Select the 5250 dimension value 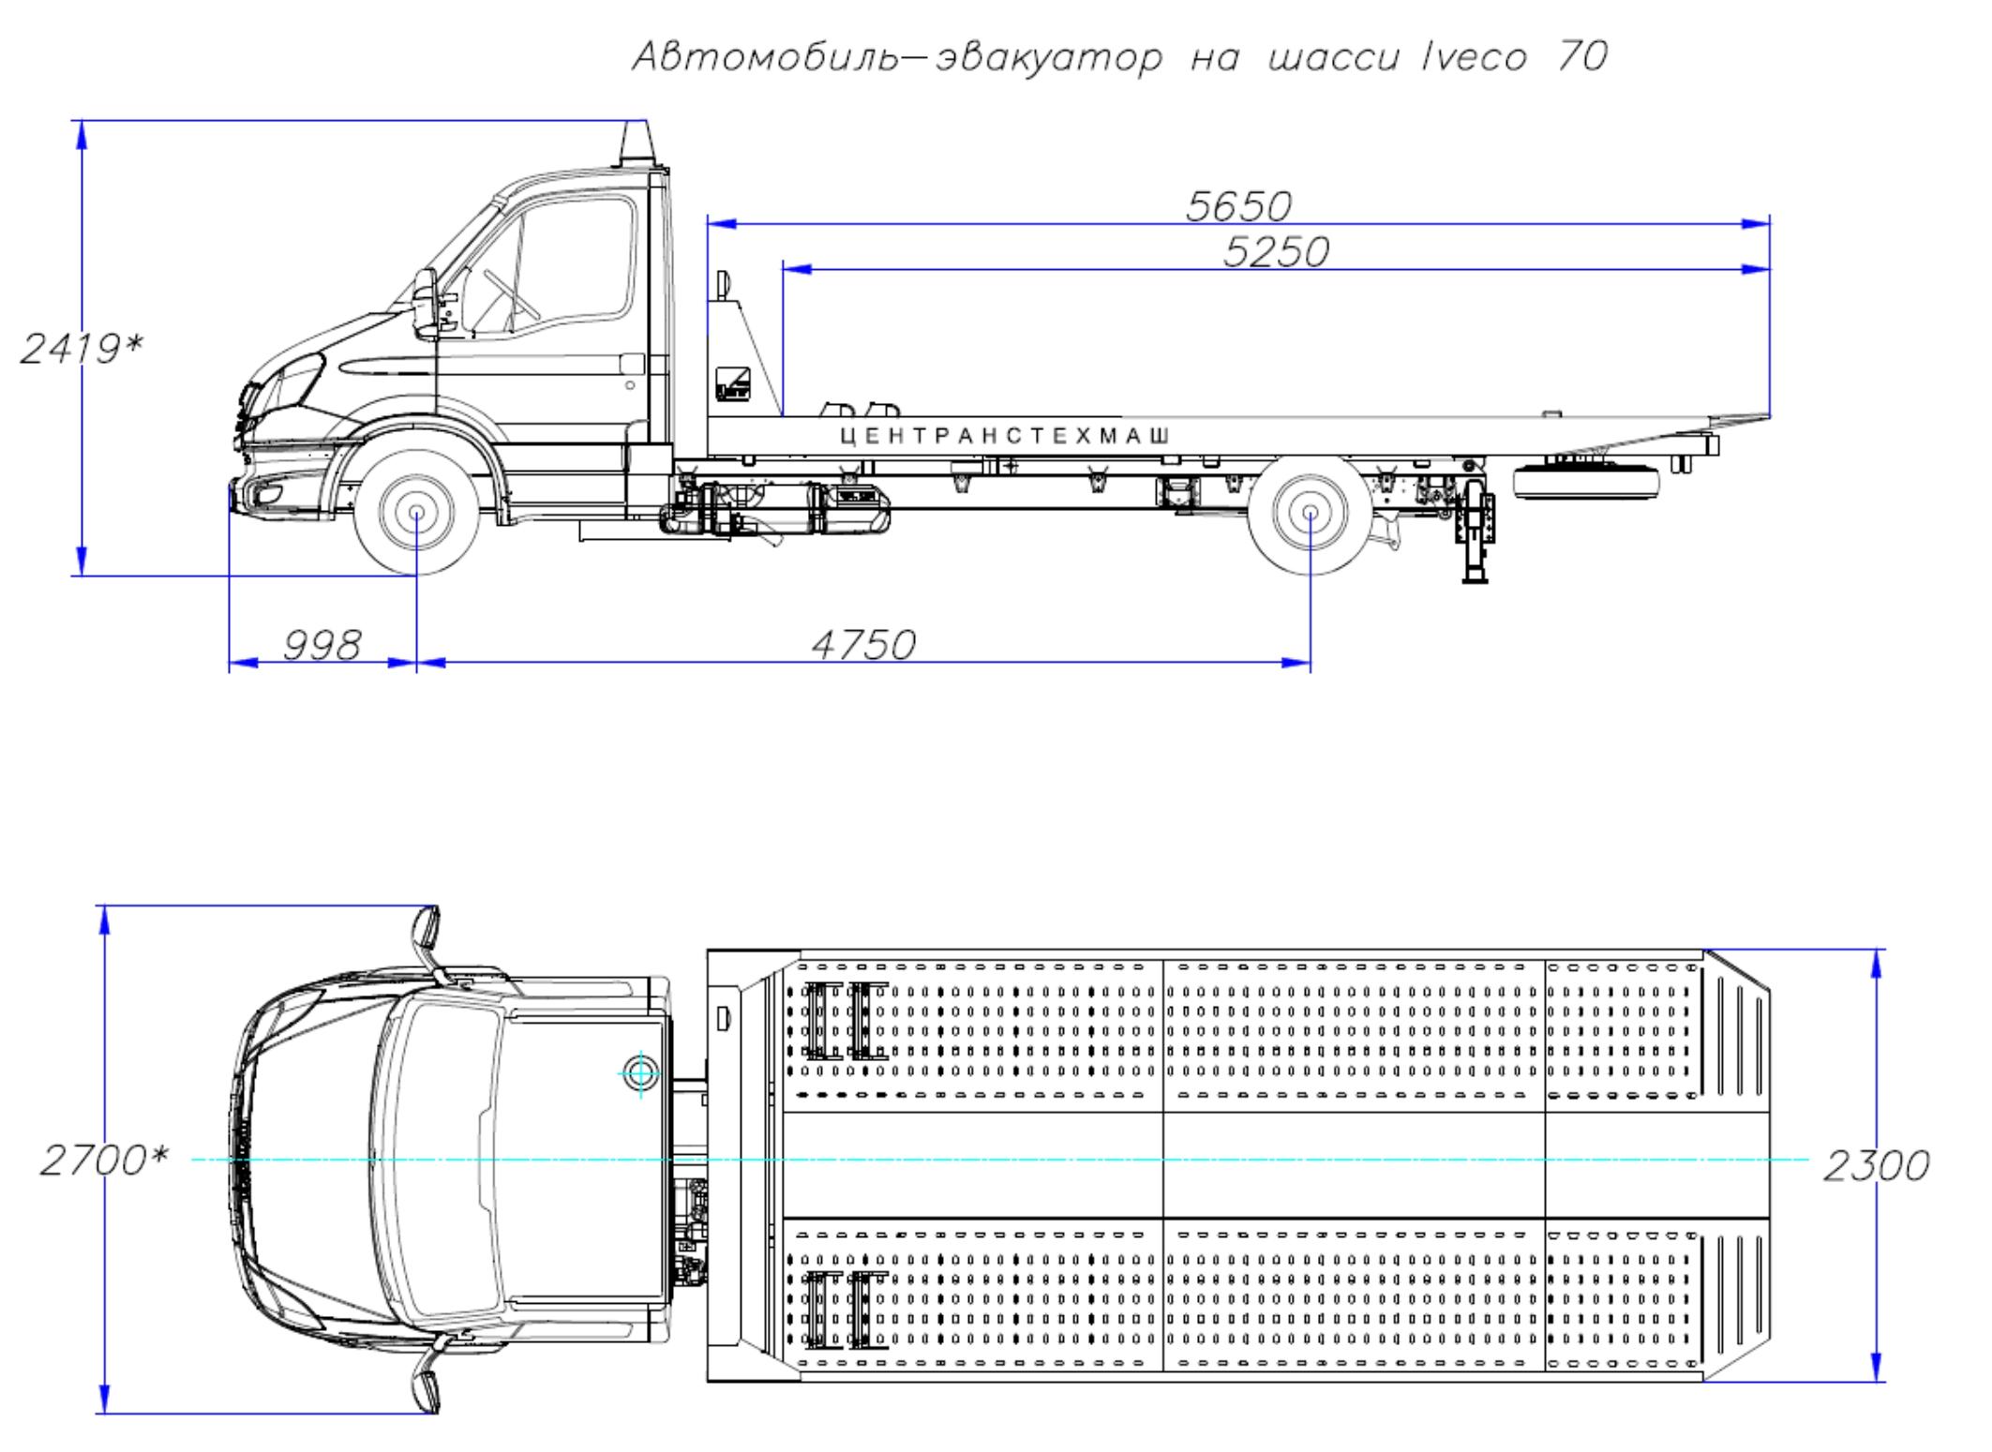[1276, 251]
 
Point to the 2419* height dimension [82, 350]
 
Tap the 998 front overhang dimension [322, 645]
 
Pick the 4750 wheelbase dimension [862, 645]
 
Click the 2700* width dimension [103, 1161]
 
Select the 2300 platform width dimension [1876, 1166]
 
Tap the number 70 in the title [1581, 58]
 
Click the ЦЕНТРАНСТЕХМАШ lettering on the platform [1005, 436]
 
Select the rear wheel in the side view [1311, 514]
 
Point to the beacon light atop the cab [633, 144]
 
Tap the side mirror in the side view [426, 303]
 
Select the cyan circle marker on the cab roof [641, 1071]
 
